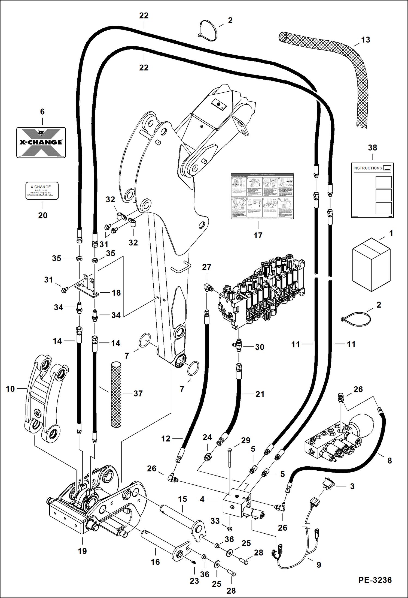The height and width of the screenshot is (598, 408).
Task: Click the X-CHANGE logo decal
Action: click(41, 142)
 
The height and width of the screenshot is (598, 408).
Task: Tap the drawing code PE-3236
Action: click(375, 580)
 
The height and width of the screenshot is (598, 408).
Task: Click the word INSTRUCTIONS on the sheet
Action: click(368, 168)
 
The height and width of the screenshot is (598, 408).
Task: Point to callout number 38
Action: click(372, 148)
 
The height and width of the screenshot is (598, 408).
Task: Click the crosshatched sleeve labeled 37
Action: click(116, 394)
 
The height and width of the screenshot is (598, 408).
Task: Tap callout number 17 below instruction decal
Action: click(258, 235)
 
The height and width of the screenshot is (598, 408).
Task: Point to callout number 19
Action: click(82, 551)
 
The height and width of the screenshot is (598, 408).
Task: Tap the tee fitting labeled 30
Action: click(238, 345)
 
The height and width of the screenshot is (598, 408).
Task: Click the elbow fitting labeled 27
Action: click(208, 287)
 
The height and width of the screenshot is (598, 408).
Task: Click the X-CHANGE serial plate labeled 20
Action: click(42, 191)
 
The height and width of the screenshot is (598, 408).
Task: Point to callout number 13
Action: click(366, 40)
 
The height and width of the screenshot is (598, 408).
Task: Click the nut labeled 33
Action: click(230, 529)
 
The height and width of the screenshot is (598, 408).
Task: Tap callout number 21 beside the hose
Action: click(260, 394)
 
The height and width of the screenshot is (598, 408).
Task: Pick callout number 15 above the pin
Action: click(182, 499)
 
